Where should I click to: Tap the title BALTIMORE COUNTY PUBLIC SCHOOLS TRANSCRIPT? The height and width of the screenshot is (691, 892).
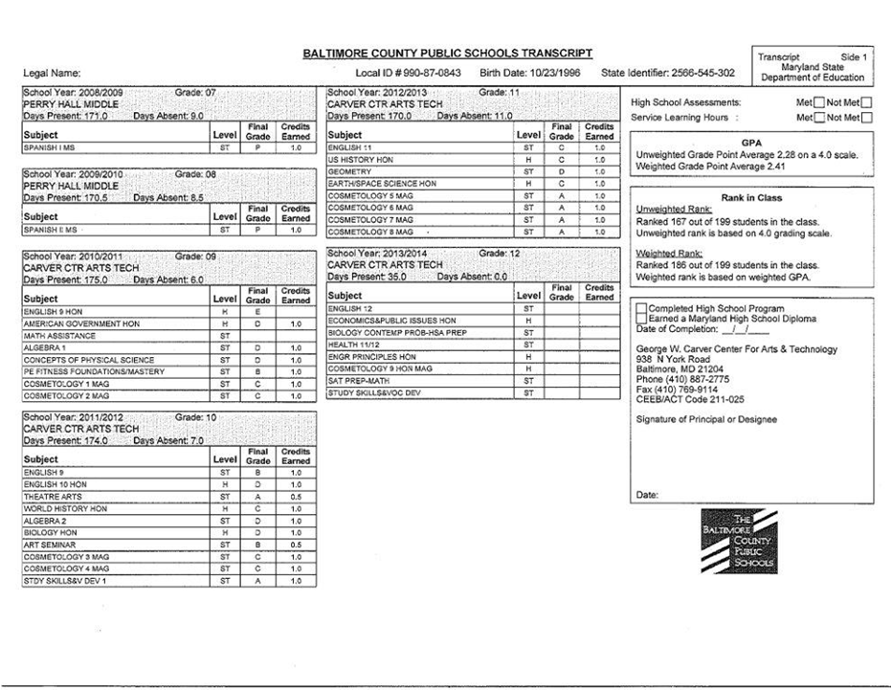(x=448, y=54)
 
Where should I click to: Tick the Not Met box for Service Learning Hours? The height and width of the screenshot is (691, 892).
(x=867, y=118)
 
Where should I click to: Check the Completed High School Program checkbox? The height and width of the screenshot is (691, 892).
(x=641, y=308)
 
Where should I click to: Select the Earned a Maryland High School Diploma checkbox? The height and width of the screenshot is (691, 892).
(x=641, y=319)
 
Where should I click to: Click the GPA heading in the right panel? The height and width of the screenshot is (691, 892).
(x=750, y=142)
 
